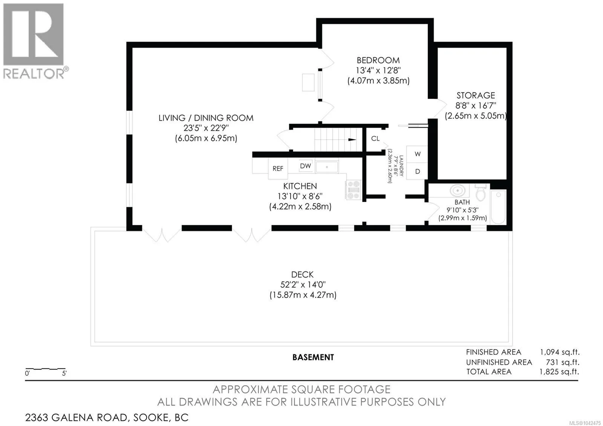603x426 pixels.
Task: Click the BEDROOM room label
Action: [378, 60]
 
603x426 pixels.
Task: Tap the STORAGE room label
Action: [476, 95]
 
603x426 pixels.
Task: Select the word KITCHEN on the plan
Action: [300, 186]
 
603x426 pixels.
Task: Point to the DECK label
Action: [302, 275]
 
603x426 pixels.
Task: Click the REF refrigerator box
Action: [278, 169]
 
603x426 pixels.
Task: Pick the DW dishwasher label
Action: [305, 166]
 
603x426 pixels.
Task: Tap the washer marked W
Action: [417, 154]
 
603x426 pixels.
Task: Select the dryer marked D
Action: [417, 171]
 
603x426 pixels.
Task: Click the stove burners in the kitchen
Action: [353, 190]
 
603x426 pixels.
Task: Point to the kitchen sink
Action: [327, 167]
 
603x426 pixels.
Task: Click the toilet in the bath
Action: [481, 192]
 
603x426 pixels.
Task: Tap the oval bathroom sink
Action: [458, 191]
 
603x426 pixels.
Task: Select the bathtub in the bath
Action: [498, 207]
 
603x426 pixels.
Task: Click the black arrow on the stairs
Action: [352, 139]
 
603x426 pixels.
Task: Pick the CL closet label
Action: [375, 138]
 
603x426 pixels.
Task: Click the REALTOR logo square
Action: [34, 34]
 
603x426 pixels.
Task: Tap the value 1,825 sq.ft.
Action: [559, 372]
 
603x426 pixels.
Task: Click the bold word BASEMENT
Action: [313, 357]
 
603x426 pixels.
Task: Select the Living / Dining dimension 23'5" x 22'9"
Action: [206, 128]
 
